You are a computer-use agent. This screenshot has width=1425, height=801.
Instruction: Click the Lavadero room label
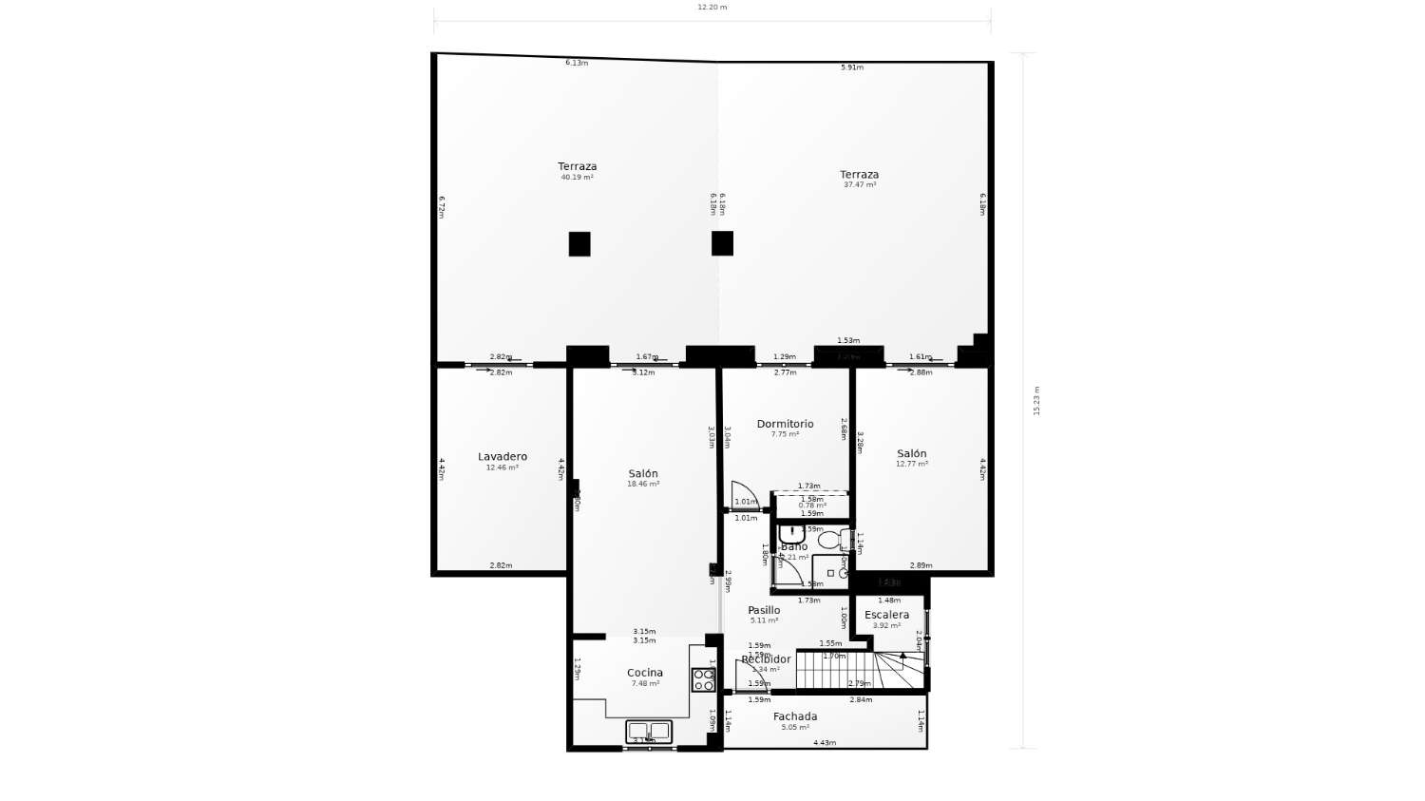[502, 457]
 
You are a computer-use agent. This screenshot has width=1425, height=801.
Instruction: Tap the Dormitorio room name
[785, 424]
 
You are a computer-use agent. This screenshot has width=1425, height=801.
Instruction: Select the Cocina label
[645, 673]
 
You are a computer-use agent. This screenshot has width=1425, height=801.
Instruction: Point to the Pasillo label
[764, 610]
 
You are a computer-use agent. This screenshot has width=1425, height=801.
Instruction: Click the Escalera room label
[886, 615]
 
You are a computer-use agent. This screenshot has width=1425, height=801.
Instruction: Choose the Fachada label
[795, 716]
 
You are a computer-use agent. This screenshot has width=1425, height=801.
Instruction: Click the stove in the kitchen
[703, 679]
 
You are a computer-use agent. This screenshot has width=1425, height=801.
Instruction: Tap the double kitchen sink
[649, 732]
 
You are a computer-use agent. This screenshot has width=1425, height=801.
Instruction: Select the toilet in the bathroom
[829, 541]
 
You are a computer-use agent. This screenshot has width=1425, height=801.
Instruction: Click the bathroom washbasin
[791, 534]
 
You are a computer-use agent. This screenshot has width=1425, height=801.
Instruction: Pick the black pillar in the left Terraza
[579, 244]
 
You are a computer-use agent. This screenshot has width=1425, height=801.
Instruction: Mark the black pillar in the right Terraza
[722, 243]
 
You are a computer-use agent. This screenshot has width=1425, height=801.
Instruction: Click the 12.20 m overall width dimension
[712, 8]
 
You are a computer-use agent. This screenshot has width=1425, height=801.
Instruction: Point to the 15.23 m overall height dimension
[1036, 400]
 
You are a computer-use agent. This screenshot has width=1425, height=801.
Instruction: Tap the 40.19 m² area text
[577, 178]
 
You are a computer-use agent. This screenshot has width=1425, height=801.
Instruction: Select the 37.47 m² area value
[860, 185]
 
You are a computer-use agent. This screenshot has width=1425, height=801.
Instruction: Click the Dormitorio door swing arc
[745, 495]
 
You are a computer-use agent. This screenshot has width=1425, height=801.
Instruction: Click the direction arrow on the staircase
[902, 656]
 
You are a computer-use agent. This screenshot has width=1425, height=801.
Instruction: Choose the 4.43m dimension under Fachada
[825, 743]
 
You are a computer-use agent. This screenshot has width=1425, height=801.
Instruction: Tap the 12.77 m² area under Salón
[912, 465]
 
